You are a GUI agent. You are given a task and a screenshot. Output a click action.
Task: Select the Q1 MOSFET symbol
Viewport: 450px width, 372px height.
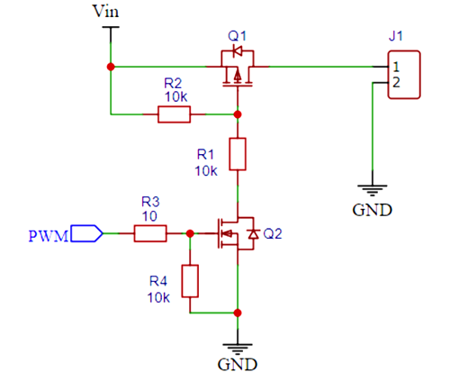238,69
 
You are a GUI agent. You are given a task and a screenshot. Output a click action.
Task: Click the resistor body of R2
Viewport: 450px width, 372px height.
174,114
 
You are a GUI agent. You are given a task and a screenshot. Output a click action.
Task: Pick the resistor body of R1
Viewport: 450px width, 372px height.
238,154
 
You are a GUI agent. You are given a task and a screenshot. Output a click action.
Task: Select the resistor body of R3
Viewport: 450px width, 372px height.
150,233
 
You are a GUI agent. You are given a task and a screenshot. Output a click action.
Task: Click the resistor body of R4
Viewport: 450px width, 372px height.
189,281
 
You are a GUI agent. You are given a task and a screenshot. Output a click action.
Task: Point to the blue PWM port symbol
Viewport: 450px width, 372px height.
85,233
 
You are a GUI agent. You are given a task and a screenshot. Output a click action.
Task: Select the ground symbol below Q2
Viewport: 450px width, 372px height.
238,344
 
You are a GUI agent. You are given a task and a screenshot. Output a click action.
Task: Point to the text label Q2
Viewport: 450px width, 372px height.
272,233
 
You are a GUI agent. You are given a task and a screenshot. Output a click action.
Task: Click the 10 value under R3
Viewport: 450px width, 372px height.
149,216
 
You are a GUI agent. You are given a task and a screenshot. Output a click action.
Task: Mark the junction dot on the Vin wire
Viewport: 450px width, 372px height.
111,68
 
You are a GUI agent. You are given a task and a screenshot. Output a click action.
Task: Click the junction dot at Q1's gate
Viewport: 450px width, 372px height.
238,114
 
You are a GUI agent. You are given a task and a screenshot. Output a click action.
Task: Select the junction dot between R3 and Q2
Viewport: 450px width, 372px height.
189,233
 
